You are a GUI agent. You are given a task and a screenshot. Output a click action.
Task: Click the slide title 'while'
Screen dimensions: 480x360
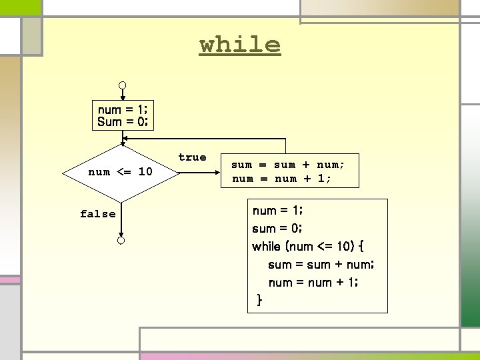(x=240, y=45)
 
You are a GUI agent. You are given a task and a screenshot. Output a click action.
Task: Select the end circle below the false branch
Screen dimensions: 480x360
(x=121, y=240)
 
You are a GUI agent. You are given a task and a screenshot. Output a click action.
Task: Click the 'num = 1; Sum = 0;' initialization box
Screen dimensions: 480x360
(x=123, y=116)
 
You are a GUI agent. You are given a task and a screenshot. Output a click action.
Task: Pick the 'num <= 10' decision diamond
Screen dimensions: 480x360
(x=121, y=172)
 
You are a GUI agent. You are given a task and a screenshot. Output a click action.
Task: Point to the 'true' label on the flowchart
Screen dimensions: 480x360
(x=192, y=157)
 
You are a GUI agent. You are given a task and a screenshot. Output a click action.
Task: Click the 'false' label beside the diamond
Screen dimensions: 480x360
(x=97, y=214)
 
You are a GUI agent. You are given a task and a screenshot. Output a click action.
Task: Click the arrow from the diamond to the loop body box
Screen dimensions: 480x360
(x=200, y=172)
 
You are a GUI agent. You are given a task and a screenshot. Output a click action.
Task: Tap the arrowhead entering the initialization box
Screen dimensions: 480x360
(x=123, y=99)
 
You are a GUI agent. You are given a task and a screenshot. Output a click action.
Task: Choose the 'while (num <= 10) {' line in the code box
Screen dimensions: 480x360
(x=307, y=246)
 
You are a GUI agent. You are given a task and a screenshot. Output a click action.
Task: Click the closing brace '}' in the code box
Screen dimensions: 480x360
(x=259, y=301)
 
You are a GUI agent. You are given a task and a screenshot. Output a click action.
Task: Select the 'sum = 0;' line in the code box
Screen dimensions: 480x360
(x=277, y=228)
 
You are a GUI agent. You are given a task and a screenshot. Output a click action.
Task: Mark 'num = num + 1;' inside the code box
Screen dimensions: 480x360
(x=313, y=283)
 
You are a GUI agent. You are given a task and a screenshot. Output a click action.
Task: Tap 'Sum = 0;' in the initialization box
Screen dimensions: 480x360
(x=123, y=122)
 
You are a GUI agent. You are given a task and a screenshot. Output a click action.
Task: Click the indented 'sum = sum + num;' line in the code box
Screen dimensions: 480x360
(x=321, y=265)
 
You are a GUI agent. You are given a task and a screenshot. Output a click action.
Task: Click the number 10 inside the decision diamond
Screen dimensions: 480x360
(x=145, y=172)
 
